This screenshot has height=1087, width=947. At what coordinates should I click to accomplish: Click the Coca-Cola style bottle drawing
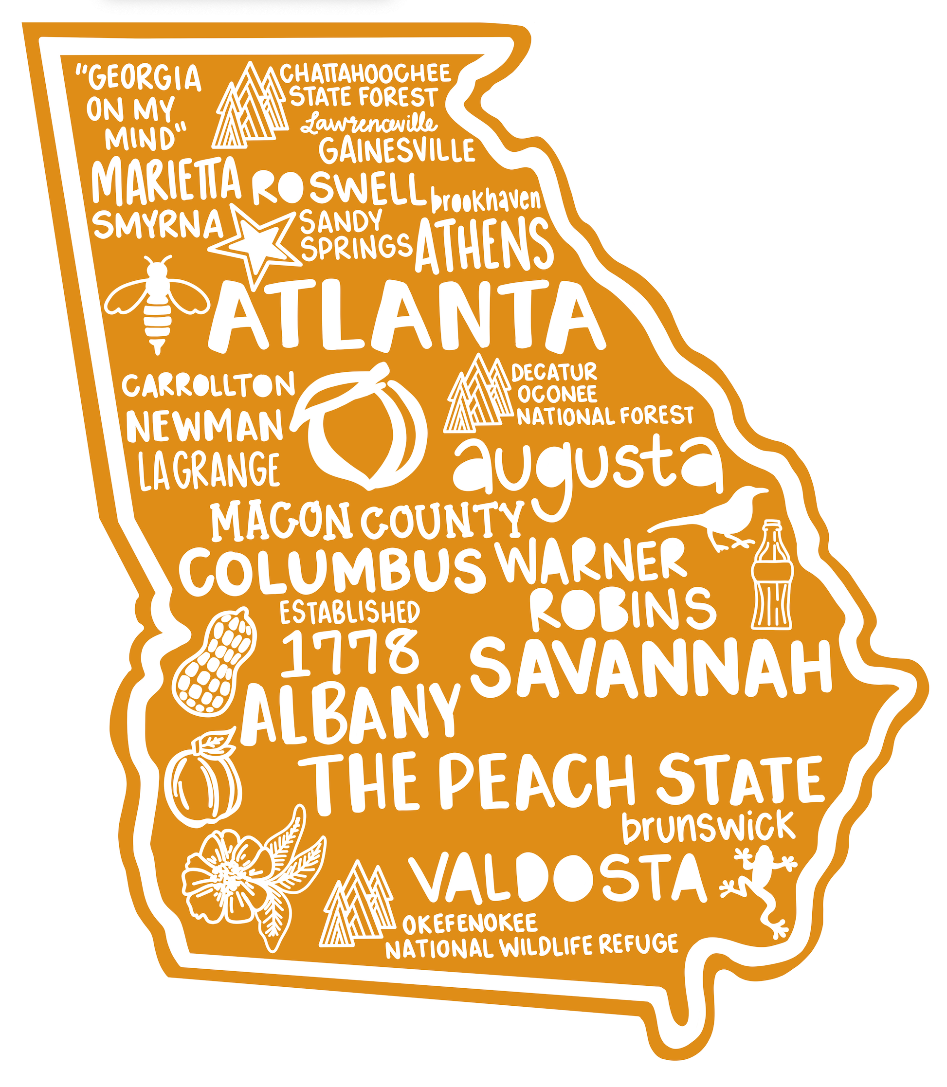[772, 576]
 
